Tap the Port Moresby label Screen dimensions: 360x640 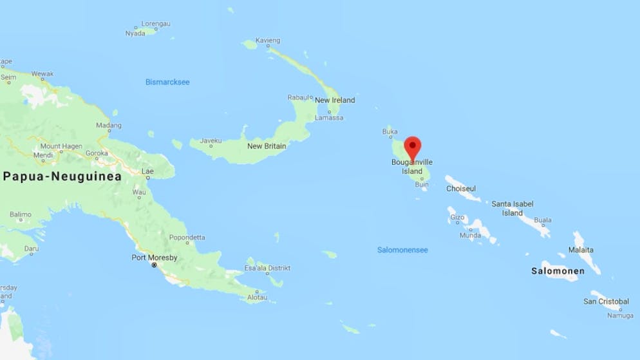(x=154, y=258)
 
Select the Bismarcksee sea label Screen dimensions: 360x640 (x=167, y=82)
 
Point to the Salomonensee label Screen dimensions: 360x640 (x=402, y=250)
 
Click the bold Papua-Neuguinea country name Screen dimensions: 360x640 (x=62, y=176)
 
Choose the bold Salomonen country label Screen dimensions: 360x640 (x=558, y=271)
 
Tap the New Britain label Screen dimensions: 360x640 (x=267, y=146)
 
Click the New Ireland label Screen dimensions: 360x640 (x=335, y=100)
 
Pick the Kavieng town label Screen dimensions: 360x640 (x=268, y=41)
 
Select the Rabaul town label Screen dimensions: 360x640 (x=300, y=97)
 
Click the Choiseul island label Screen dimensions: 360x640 (x=461, y=189)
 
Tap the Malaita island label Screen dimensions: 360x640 (x=581, y=249)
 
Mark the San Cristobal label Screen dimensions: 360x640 (x=606, y=301)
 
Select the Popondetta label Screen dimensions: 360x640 (x=187, y=236)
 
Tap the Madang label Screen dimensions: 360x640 (x=108, y=125)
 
